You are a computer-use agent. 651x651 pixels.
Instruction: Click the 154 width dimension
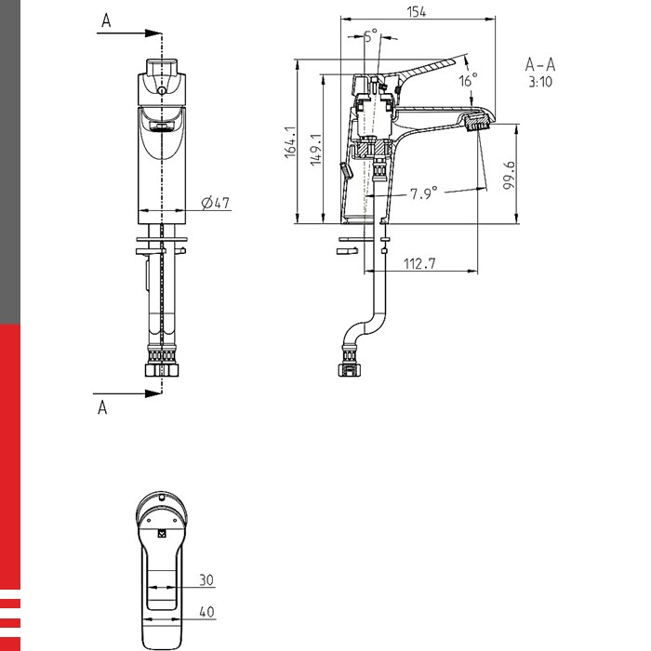[x=416, y=12]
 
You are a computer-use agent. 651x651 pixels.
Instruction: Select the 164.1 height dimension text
[x=290, y=142]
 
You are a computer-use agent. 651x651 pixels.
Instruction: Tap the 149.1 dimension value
[x=316, y=150]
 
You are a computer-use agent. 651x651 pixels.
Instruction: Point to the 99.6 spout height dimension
[x=509, y=175]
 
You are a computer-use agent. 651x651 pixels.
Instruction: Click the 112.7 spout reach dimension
[x=419, y=263]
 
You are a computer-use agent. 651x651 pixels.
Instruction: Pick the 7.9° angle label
[x=424, y=193]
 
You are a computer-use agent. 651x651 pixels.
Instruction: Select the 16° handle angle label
[x=468, y=80]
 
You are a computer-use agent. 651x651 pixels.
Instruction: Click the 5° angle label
[x=371, y=35]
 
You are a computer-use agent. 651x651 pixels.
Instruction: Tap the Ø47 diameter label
[x=215, y=203]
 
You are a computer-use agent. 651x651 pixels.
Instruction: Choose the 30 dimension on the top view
[x=206, y=580]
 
